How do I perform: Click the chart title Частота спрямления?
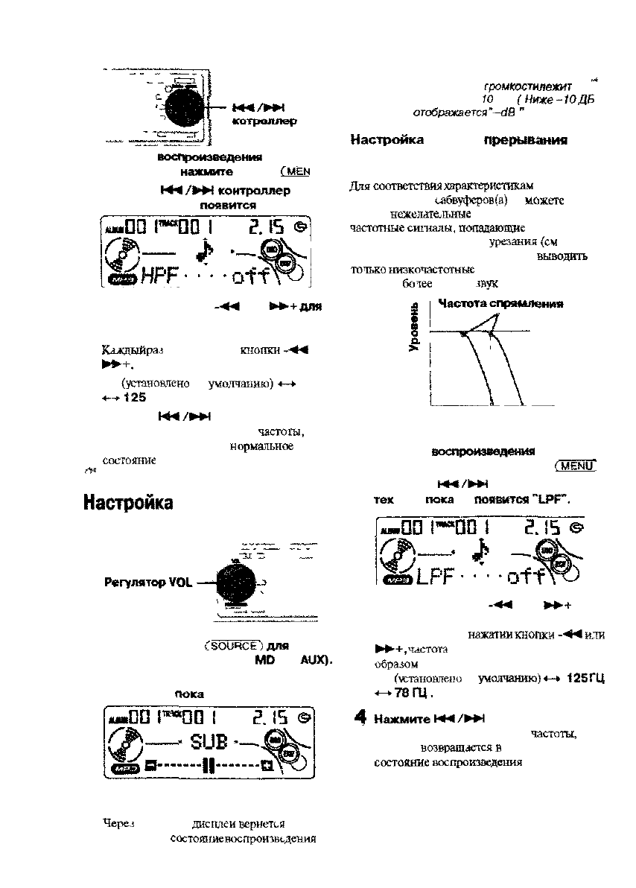pyautogui.click(x=500, y=304)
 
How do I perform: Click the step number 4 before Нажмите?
pyautogui.click(x=360, y=718)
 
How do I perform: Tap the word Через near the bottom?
pyautogui.click(x=115, y=823)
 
